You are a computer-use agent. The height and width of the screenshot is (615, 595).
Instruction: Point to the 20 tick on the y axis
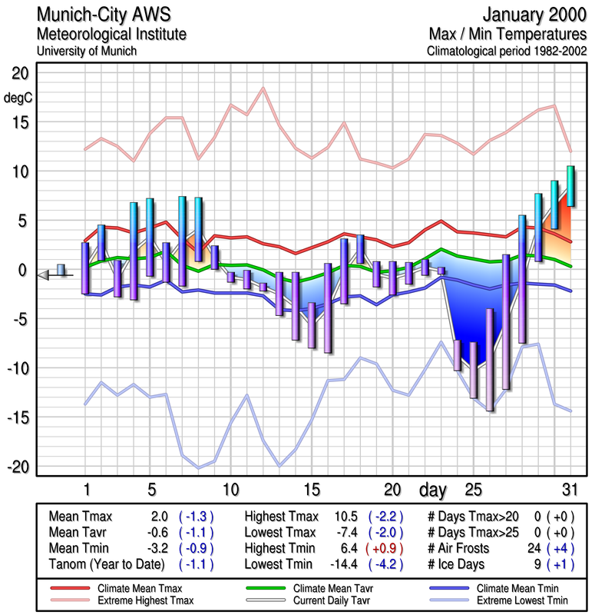click(18, 73)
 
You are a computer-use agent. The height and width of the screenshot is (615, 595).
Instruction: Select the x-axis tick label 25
click(474, 490)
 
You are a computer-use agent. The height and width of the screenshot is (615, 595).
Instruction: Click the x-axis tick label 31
click(569, 490)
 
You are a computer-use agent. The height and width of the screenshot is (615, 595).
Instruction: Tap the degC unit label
click(18, 98)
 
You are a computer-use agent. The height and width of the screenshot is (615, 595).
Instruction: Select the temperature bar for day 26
click(490, 360)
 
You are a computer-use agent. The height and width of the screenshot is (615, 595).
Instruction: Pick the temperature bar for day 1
click(85, 268)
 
